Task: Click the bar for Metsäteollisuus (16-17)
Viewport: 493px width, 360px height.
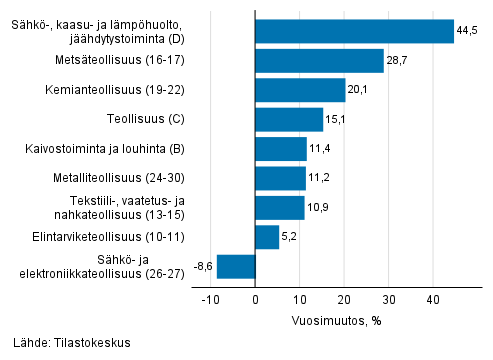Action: (x=319, y=61)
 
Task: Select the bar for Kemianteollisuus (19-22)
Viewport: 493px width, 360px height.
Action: (x=300, y=91)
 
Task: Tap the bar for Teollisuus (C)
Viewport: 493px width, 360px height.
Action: (x=289, y=120)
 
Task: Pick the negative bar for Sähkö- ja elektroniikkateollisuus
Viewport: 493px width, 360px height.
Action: (x=236, y=266)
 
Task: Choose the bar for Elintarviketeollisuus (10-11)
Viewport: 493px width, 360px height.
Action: (x=267, y=237)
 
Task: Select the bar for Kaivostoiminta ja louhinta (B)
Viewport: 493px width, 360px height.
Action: (x=281, y=149)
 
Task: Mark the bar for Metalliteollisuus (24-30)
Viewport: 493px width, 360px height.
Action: (x=280, y=178)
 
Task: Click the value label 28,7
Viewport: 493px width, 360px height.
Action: (x=397, y=62)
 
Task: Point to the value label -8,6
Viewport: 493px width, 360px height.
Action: (x=201, y=267)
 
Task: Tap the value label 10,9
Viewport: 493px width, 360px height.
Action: (x=318, y=208)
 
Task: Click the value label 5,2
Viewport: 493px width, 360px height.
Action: (x=290, y=238)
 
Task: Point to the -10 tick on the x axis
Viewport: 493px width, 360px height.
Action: (x=211, y=299)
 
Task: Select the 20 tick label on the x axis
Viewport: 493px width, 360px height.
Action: (x=344, y=299)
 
